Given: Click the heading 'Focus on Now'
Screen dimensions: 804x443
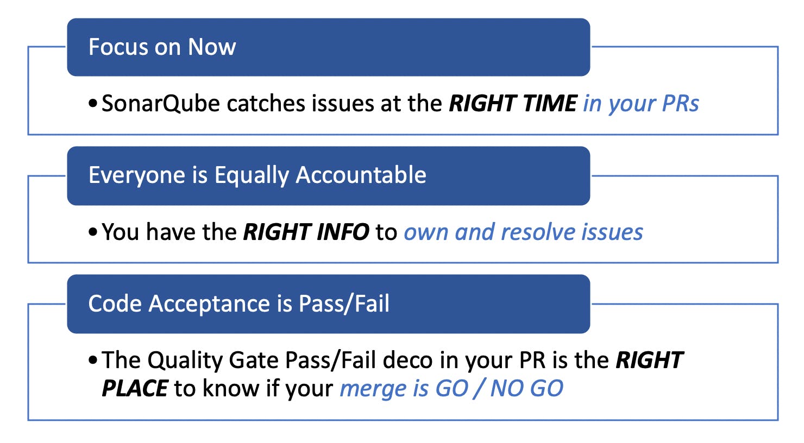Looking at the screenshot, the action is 162,47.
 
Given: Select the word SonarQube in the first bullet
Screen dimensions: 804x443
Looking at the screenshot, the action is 160,104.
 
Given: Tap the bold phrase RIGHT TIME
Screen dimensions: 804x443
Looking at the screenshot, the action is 513,103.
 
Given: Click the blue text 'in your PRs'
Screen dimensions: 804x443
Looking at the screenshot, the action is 641,104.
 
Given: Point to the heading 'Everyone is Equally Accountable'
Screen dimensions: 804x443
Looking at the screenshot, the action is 257,175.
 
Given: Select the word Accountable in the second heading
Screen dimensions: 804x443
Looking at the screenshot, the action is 361,175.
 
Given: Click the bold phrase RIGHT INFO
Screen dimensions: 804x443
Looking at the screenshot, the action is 306,232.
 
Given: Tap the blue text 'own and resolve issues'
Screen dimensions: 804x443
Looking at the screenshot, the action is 523,232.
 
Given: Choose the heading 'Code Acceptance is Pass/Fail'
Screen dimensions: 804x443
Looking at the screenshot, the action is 238,303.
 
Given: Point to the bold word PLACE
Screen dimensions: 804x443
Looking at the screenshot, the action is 135,388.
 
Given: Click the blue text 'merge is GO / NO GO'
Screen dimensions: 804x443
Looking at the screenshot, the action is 451,389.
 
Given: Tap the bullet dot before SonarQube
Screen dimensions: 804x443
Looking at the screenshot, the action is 92,104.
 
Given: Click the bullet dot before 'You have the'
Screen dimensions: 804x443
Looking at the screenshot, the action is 92,232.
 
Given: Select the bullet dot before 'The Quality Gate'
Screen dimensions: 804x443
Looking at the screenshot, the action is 92,360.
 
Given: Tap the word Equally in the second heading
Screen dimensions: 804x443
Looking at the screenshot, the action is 252,175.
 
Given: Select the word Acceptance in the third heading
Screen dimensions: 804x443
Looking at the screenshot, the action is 209,304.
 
